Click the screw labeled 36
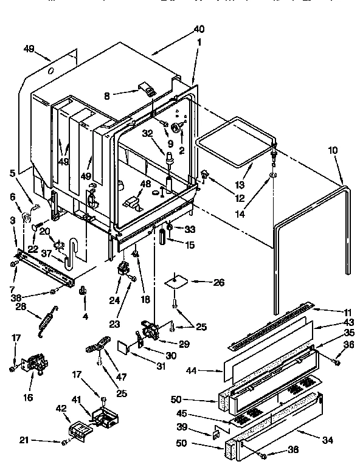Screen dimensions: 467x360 tap(334, 362)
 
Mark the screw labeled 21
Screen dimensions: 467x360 tap(64, 442)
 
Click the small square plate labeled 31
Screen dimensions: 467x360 tap(124, 347)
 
